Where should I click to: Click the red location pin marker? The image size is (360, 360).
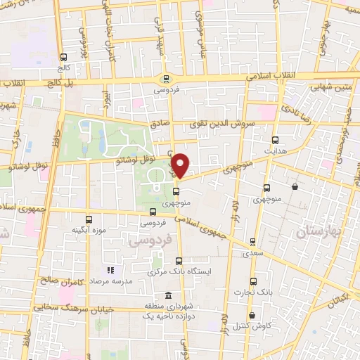[x=181, y=165]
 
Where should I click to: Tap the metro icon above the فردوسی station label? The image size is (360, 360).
[x=166, y=79]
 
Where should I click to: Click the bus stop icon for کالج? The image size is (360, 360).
[x=64, y=57]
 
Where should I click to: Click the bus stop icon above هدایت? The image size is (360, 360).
[x=275, y=139]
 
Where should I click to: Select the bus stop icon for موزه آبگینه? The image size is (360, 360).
[x=89, y=219]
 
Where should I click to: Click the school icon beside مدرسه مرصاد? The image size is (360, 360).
[x=110, y=269]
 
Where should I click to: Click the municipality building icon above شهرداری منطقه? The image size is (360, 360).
[x=168, y=296]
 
